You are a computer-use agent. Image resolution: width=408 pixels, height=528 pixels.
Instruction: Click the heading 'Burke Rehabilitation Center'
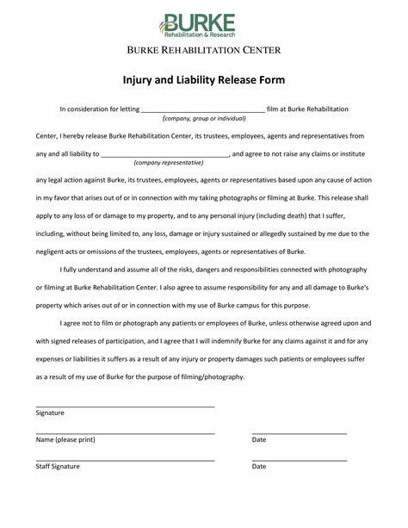click(204, 50)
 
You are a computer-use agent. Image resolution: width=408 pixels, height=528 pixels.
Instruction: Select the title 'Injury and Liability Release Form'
click(204, 80)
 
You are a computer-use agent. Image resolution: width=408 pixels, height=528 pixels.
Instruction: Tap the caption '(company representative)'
click(169, 162)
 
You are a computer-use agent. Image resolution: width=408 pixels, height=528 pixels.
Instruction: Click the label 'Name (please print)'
click(65, 439)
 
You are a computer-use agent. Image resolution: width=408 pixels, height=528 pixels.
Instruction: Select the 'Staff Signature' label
click(58, 466)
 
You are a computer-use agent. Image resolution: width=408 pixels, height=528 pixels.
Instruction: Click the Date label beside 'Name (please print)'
click(259, 439)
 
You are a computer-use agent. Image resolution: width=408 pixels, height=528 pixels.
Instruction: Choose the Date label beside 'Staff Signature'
click(259, 466)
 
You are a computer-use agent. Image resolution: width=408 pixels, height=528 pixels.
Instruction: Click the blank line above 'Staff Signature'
click(125, 459)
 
